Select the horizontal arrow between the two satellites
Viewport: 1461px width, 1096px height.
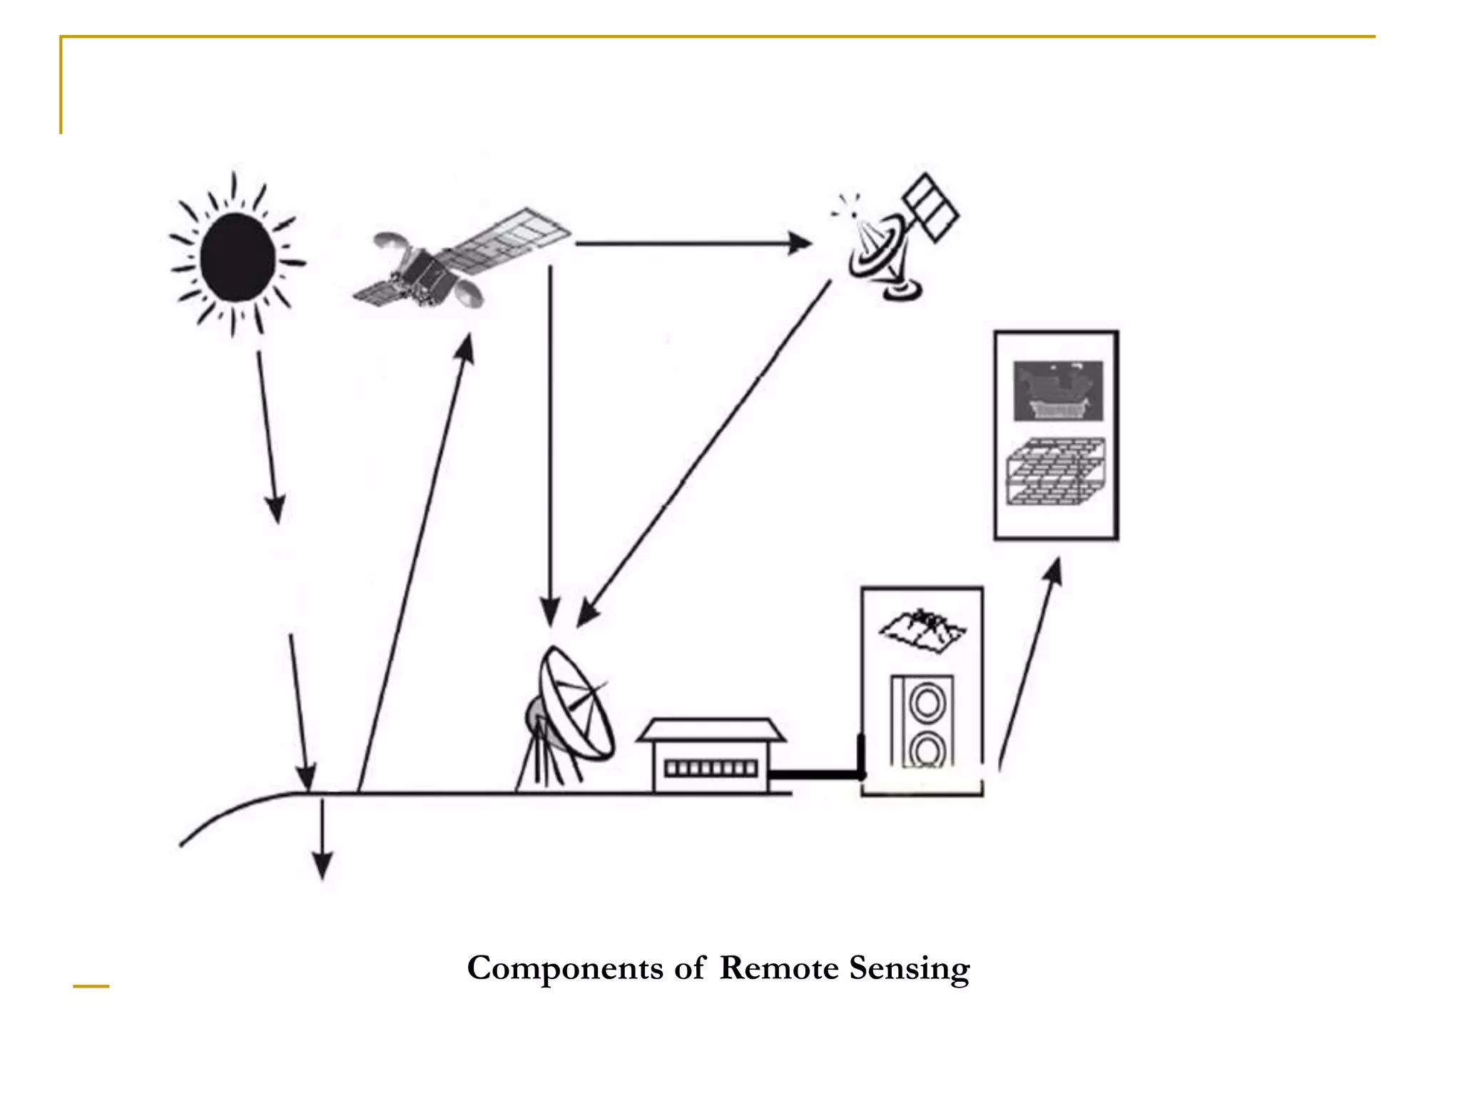point(692,243)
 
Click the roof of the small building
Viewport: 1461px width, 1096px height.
point(711,730)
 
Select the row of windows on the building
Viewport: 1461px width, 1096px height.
point(711,768)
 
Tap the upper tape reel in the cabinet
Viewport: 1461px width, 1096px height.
point(927,704)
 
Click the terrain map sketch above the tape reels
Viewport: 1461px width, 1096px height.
point(922,629)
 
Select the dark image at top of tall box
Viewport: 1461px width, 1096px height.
point(1058,390)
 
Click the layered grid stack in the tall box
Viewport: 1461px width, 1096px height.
point(1057,472)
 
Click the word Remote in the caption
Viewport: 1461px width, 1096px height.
point(779,968)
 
